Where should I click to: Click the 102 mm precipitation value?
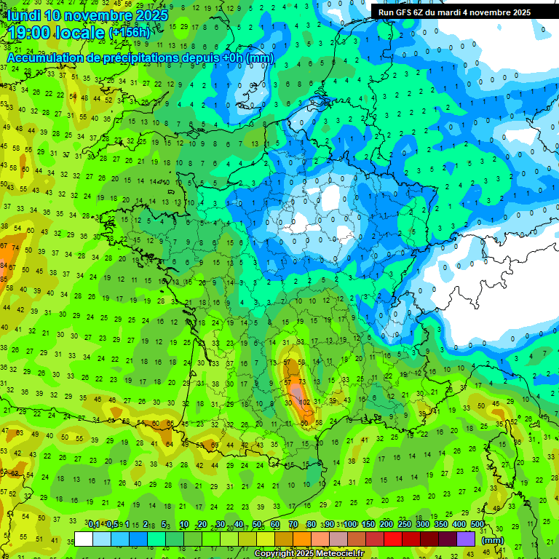tap(305, 401)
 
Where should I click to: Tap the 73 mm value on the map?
tap(302, 381)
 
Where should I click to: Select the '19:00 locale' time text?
tap(56, 33)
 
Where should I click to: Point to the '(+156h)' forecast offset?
tap(130, 33)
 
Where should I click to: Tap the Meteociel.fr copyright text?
tap(309, 554)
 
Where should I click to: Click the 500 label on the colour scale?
tap(477, 524)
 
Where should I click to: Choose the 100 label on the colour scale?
tap(350, 524)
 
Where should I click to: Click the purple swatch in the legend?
tap(466, 539)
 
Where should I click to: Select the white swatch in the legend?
tap(84, 539)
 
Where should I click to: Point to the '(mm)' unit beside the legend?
tap(493, 540)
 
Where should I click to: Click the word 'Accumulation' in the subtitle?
tap(43, 58)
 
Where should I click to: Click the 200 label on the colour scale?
tap(386, 524)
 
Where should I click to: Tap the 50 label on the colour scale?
tap(257, 524)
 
